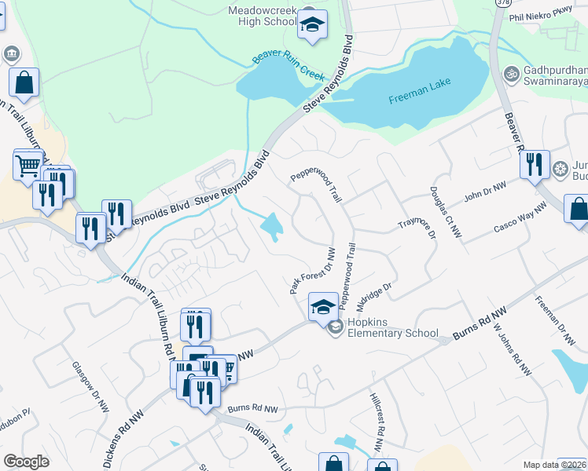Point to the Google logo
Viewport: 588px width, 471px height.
[27, 462]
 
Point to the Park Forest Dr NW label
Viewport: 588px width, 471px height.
[312, 272]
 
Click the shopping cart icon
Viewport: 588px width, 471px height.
[28, 165]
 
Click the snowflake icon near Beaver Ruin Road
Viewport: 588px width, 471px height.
[560, 169]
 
